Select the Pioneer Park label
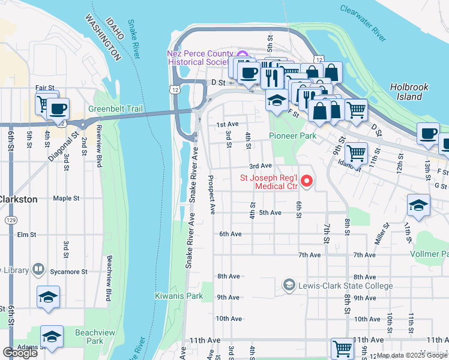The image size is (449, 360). (x=292, y=136)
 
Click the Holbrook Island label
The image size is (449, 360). (x=409, y=91)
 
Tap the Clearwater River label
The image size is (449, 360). (x=363, y=24)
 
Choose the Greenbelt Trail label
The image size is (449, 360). (x=115, y=109)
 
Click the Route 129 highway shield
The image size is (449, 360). (x=11, y=221)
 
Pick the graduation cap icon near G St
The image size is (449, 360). (x=418, y=205)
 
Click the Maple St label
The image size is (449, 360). (x=66, y=198)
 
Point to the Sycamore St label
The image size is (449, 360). (x=68, y=271)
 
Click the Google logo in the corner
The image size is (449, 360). (x=20, y=353)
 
